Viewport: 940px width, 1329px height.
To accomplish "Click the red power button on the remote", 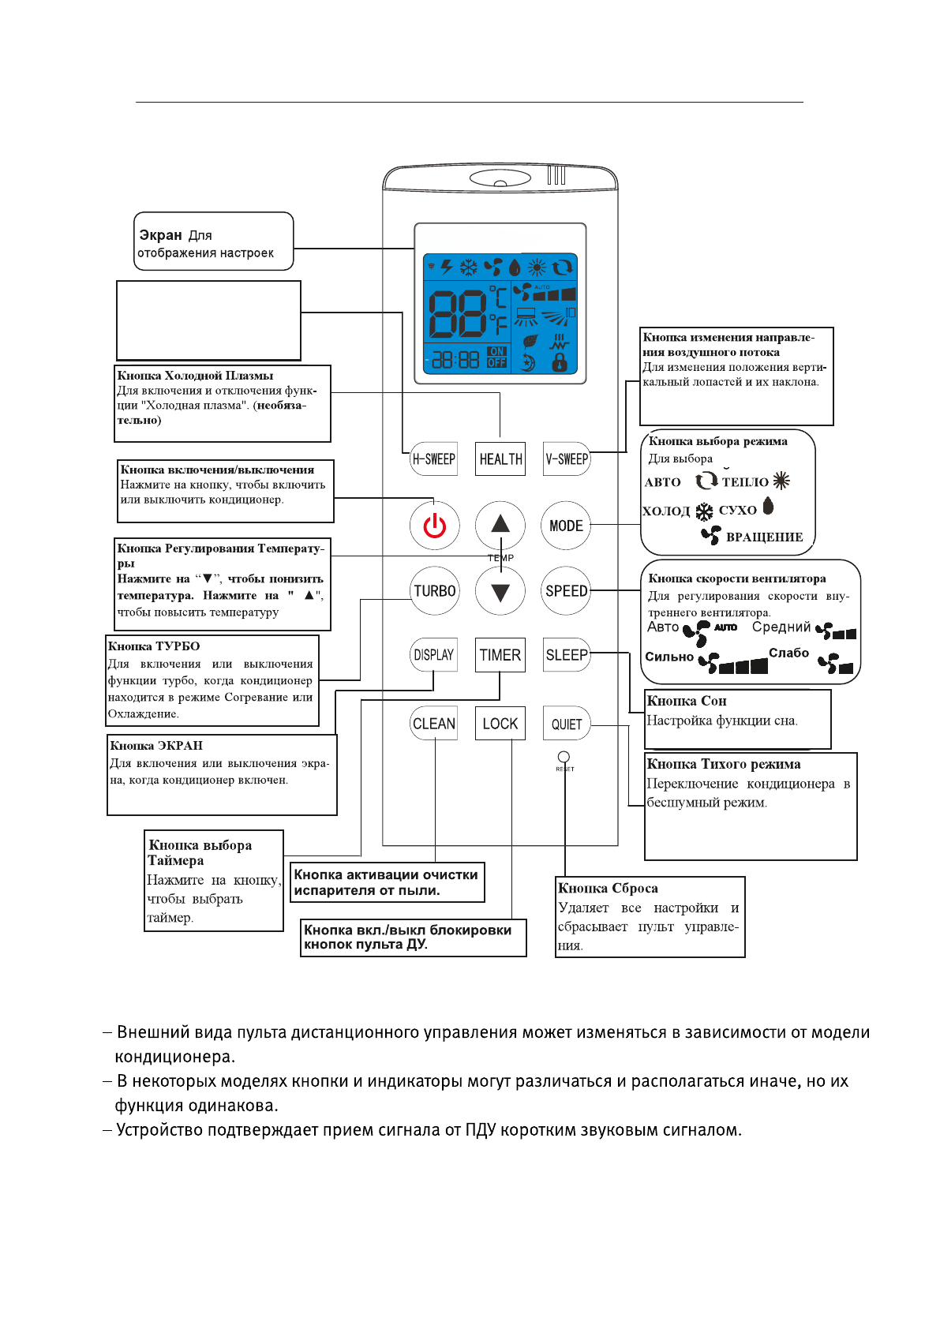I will point(434,526).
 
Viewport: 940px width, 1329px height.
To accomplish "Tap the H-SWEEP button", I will point(434,459).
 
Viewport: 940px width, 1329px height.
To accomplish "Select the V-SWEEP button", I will point(567,459).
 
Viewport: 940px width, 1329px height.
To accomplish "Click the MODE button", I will point(566,526).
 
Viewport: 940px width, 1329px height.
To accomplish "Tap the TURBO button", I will point(435,591).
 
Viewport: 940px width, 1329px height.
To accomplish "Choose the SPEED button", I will point(566,591).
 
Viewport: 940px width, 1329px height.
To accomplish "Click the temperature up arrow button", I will point(500,524).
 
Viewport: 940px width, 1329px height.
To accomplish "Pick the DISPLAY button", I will point(434,655).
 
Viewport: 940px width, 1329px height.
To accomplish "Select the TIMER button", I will point(500,655).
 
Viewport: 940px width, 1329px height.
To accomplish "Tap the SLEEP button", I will point(567,655).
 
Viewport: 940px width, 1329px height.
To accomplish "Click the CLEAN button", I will point(434,724).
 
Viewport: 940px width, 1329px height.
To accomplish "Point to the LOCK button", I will point(500,724).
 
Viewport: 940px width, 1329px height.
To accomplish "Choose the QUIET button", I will point(567,724).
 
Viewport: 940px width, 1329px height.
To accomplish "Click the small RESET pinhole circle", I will point(564,757).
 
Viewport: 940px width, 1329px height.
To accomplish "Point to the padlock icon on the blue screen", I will point(560,362).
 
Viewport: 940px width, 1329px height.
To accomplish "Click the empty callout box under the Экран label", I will point(209,320).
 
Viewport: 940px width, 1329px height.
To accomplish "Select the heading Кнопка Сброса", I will point(608,889).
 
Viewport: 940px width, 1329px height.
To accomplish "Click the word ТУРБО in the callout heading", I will point(178,646).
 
